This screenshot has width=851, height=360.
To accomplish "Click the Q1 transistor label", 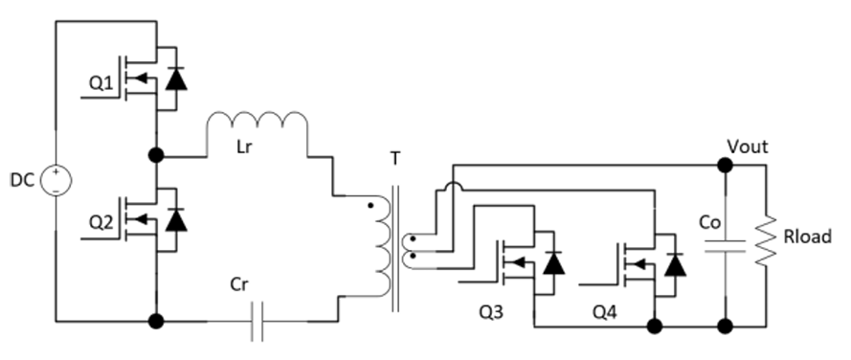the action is pos(101,83).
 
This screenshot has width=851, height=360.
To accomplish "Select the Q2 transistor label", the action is pos(101,223).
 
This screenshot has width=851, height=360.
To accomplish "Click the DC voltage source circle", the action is pos(56,180).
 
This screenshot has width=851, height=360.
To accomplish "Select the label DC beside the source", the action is pos(23,180).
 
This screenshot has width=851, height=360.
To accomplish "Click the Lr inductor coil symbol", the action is pos(258,121).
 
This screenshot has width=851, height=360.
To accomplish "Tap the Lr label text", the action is pos(244,146).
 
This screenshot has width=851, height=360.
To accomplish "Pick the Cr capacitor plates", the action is pos(258,322).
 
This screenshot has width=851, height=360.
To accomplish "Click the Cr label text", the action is pos(240,284).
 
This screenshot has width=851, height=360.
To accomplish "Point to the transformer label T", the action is pos(395,159).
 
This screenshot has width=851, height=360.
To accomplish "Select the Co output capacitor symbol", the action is pos(725,245).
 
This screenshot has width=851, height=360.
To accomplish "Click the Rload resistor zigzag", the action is pos(766,240).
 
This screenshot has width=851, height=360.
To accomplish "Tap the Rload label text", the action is pos(807,236).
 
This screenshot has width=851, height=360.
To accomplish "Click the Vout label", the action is pos(748,146).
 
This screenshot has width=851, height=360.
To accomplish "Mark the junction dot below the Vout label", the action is pos(725,165).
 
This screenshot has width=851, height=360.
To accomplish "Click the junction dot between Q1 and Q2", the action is pos(156,156).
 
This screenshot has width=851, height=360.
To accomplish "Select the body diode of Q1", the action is pos(176,79).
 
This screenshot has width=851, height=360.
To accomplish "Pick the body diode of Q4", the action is pos(675,264).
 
